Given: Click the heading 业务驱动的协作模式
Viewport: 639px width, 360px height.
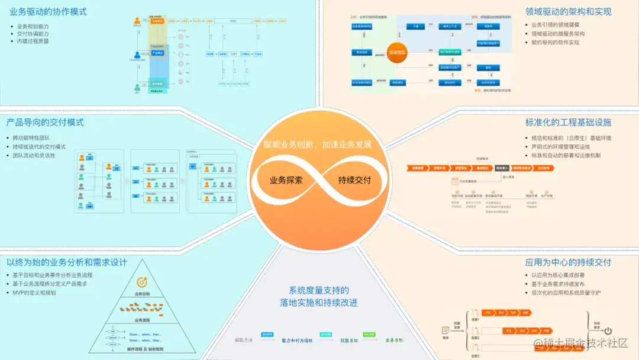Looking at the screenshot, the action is click(x=49, y=11).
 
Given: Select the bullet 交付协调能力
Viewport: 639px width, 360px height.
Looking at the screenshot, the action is click(x=33, y=34).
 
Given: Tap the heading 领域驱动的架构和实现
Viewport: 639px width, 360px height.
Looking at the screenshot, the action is click(x=568, y=12).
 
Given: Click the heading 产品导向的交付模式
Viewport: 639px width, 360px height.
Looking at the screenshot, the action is click(x=45, y=123).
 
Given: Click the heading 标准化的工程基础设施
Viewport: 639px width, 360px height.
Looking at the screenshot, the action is click(x=568, y=123).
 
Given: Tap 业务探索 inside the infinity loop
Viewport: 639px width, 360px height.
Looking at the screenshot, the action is click(x=286, y=179).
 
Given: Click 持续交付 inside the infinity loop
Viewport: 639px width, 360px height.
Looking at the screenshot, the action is click(x=354, y=179).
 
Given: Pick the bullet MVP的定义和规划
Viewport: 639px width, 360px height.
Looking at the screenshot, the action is click(x=36, y=292).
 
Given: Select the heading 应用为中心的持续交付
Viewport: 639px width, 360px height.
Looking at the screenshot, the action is click(x=568, y=262).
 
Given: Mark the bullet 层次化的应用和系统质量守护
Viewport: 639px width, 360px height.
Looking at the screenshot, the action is click(x=565, y=292).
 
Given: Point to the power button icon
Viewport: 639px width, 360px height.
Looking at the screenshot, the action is click(x=607, y=332).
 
